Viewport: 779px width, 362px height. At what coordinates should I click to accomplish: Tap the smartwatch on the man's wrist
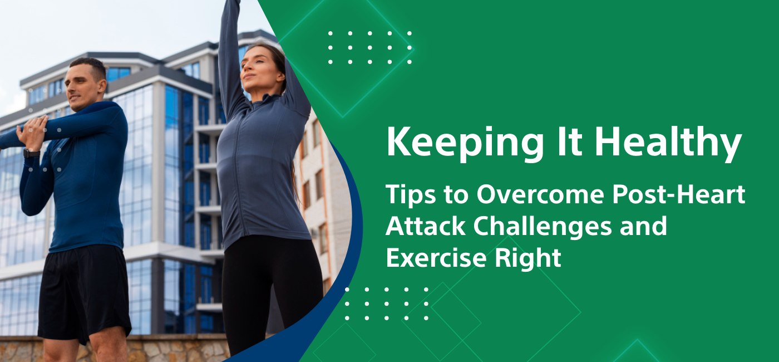click(31, 153)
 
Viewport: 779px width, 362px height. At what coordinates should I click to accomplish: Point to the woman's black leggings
click(267, 290)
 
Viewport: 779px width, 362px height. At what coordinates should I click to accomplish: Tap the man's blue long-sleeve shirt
click(89, 184)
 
